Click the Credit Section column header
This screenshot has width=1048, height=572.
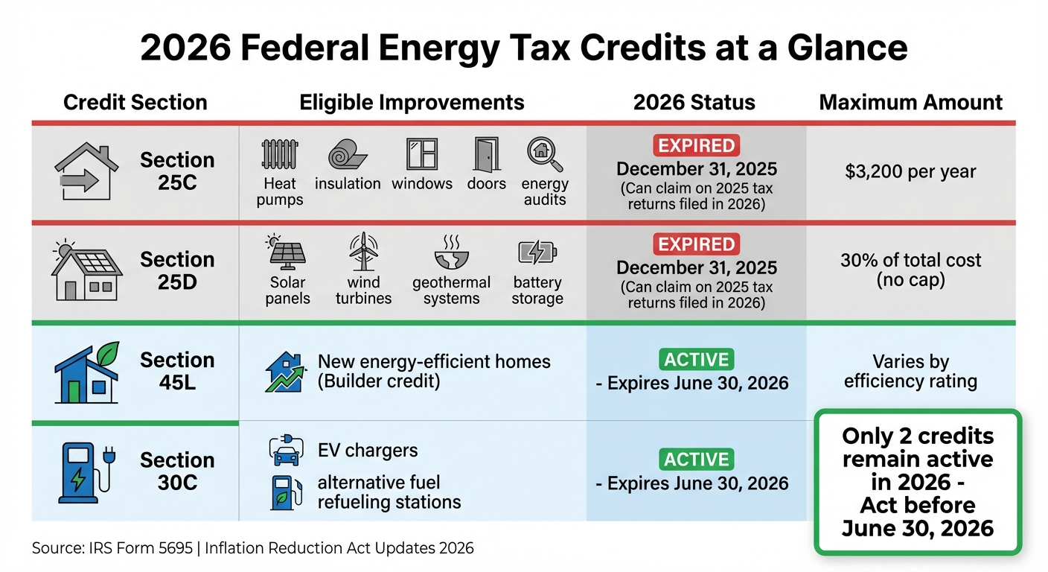(x=135, y=102)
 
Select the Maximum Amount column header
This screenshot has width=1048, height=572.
(x=910, y=102)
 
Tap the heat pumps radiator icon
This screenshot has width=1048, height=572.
(x=280, y=155)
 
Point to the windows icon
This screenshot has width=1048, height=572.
(x=421, y=154)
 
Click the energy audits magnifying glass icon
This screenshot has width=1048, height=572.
(x=545, y=154)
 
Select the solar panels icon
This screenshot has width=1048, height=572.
(x=287, y=253)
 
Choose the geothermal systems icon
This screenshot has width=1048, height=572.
(x=451, y=253)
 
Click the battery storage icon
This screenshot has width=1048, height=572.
(x=537, y=253)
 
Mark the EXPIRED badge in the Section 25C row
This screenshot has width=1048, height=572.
(x=696, y=145)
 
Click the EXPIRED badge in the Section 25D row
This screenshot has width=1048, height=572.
(x=696, y=244)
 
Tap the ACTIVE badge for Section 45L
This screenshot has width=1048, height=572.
(x=696, y=360)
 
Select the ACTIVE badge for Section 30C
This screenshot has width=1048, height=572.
(x=696, y=459)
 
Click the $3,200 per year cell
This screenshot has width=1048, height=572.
(x=910, y=171)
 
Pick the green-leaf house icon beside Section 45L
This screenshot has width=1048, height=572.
(x=86, y=373)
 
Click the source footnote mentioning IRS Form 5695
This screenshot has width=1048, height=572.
(x=252, y=548)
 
